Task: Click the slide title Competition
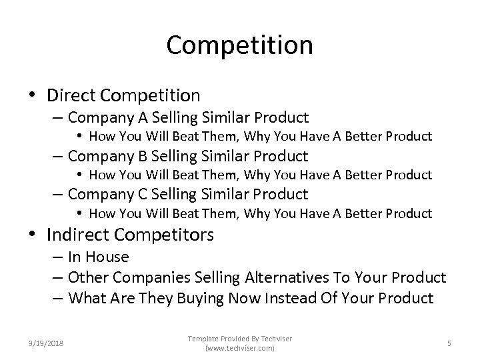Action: [x=239, y=45]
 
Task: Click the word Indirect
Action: [x=78, y=235]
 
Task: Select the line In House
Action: [x=98, y=257]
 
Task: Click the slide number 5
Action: [x=449, y=343]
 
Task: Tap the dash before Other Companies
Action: [x=57, y=278]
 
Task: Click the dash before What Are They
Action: [x=57, y=299]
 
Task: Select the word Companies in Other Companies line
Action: [x=143, y=277]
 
